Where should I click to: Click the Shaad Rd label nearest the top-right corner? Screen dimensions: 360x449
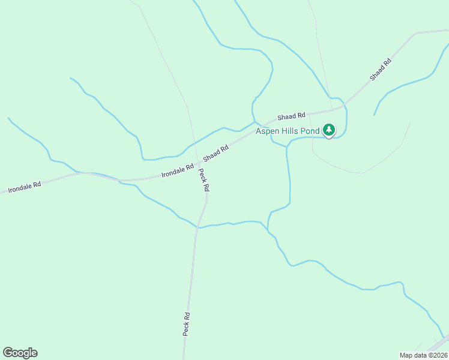[x=381, y=69]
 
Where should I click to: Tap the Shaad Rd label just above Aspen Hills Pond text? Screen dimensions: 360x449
[x=291, y=115]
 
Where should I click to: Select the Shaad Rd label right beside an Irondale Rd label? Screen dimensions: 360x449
[x=216, y=153]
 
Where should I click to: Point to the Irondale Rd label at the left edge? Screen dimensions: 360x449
[x=25, y=185]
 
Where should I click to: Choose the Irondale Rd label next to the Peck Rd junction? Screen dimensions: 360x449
[x=177, y=170]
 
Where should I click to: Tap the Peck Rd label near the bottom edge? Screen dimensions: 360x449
[x=187, y=324]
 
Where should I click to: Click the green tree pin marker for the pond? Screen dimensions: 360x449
[x=328, y=130]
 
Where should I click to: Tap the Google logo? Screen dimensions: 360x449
[x=20, y=353]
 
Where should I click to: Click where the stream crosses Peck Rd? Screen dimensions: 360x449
[x=197, y=227]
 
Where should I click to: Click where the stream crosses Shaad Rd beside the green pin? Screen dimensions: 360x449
[x=344, y=107]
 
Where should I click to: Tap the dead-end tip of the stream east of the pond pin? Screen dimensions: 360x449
[x=375, y=115]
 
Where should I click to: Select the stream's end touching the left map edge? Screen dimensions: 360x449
[x=8, y=118]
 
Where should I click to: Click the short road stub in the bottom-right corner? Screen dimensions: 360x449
[x=438, y=344]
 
